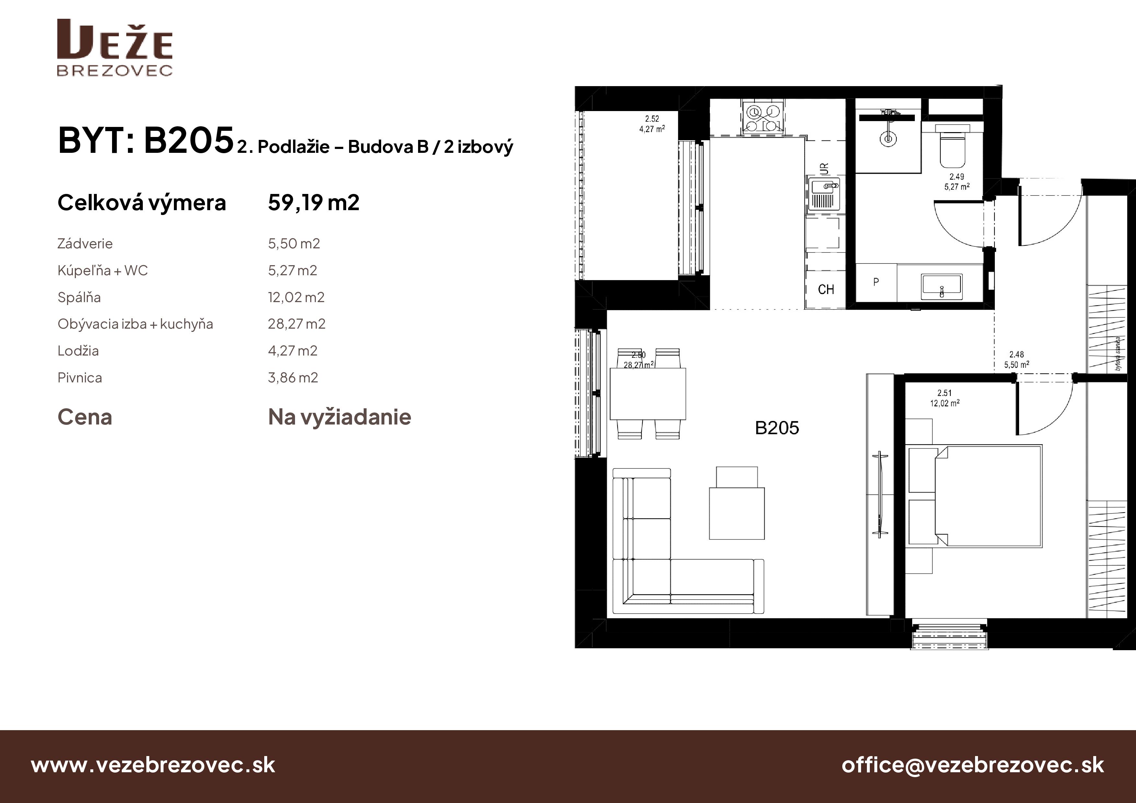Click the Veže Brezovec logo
(x=115, y=48)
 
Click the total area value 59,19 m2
(x=313, y=202)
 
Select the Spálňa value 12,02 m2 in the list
(x=296, y=297)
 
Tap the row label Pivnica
(x=80, y=378)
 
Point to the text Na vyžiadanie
(x=339, y=417)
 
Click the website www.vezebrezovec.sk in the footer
(x=153, y=765)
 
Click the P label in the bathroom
(x=876, y=282)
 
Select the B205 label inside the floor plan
(x=777, y=428)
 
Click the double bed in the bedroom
(x=987, y=496)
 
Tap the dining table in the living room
(x=648, y=394)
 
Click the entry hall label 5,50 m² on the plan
(x=1016, y=365)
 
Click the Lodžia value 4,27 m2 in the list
(x=292, y=351)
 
